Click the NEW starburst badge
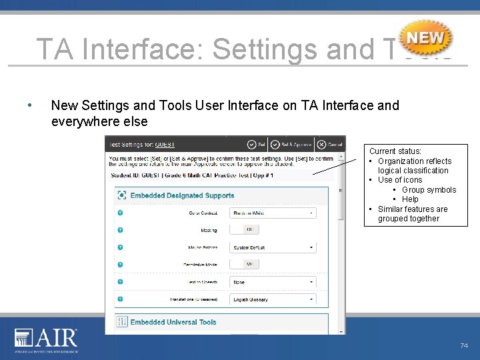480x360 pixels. click(426, 38)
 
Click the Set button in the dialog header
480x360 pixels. click(256, 144)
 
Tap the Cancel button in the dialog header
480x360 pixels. click(329, 144)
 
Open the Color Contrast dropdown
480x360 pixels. click(273, 213)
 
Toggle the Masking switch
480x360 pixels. click(251, 229)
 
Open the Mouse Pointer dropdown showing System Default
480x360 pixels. click(273, 247)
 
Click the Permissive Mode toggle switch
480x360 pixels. click(251, 264)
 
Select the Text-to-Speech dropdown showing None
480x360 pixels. click(273, 282)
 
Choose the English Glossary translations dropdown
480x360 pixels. click(273, 299)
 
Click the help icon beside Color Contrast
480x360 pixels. click(121, 213)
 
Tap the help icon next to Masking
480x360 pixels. click(121, 230)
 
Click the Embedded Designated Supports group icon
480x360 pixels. click(122, 195)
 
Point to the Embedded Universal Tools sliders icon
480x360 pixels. click(122, 322)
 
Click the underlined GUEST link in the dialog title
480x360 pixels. click(165, 144)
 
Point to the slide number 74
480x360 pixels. click(464, 345)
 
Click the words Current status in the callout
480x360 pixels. click(395, 151)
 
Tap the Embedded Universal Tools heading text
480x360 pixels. click(173, 322)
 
